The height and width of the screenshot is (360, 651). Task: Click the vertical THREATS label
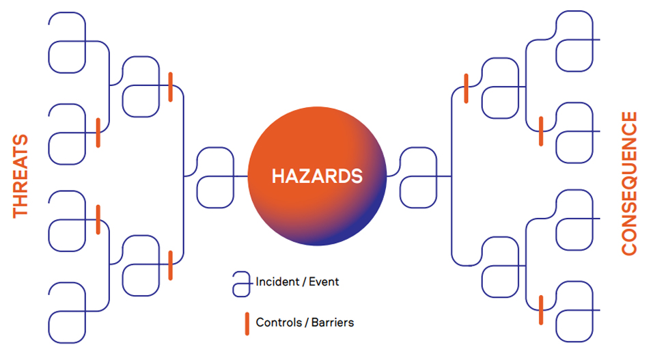[x=20, y=176]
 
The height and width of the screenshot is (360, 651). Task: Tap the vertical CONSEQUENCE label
[x=629, y=183]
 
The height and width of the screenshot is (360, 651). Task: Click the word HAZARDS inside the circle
[x=317, y=176]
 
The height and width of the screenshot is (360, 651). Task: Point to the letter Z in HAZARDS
[x=309, y=176]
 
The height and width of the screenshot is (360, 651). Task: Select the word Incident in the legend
[x=277, y=281]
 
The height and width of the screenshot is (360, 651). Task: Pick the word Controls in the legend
[x=279, y=322]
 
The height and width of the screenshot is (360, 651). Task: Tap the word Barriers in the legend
[x=333, y=322]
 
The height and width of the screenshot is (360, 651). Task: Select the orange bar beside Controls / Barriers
[x=247, y=324]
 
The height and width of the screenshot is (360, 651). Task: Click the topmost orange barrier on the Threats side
[x=170, y=87]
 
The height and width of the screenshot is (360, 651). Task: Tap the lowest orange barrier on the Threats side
[x=170, y=265]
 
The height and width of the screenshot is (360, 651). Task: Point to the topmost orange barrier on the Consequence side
[x=467, y=88]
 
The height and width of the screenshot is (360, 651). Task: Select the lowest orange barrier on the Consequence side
[x=541, y=309]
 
